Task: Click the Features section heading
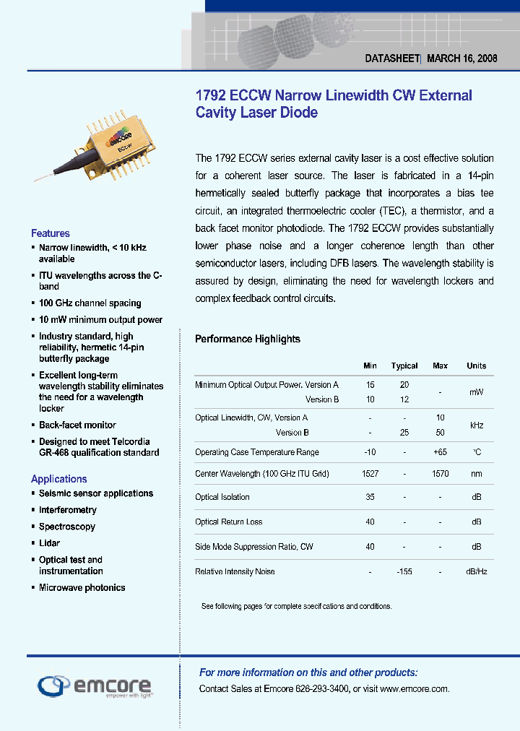[x=51, y=233]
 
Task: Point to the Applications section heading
[x=58, y=479]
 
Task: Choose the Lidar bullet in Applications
[x=49, y=543]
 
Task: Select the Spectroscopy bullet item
[x=66, y=527]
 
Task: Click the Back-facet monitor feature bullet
[x=77, y=425]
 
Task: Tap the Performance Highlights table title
[x=248, y=339]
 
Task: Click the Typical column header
[x=404, y=366]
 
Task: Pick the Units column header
[x=477, y=366]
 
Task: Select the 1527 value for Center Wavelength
[x=370, y=474]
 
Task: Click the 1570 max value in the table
[x=440, y=474]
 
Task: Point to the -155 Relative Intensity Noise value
[x=404, y=572]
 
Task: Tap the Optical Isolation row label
[x=222, y=497]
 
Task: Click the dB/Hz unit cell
[x=477, y=572]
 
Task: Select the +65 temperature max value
[x=440, y=452]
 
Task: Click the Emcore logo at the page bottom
[x=94, y=685]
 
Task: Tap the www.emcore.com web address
[x=414, y=689]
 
